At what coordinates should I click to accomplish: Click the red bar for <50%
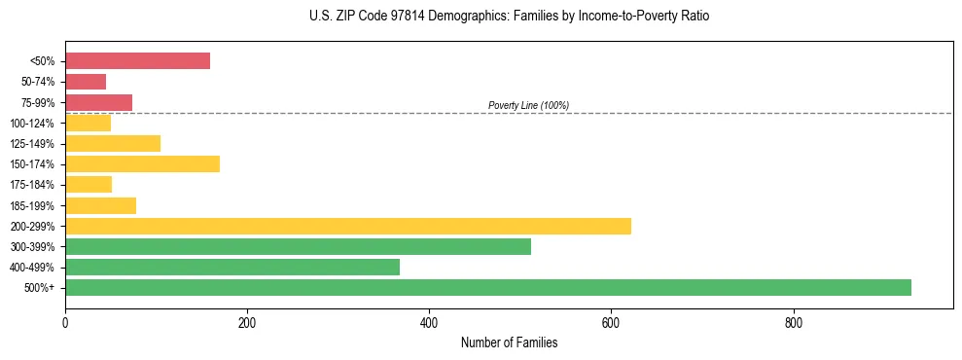coord(137,60)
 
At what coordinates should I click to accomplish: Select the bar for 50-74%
coord(86,82)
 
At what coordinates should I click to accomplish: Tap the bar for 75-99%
coord(98,102)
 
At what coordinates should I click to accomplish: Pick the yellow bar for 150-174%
coord(142,163)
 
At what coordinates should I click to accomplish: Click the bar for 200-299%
coord(348,226)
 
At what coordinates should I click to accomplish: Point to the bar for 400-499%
coord(232,267)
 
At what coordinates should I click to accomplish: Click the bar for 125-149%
coord(113,143)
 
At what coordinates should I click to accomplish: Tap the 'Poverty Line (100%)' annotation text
coord(528,105)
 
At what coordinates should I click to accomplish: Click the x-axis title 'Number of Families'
coord(509,342)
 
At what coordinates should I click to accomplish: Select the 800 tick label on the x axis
coord(794,322)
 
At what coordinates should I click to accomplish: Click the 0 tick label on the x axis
coord(65,322)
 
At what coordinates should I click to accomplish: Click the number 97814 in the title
coord(385,17)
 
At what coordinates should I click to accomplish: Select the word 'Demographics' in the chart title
coord(444,17)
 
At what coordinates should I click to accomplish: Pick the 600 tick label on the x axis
coord(611,322)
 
